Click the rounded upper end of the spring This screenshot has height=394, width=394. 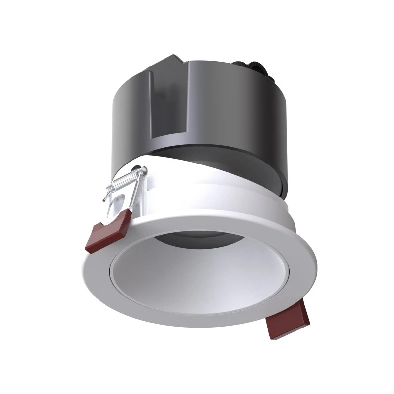click(x=143, y=170)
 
